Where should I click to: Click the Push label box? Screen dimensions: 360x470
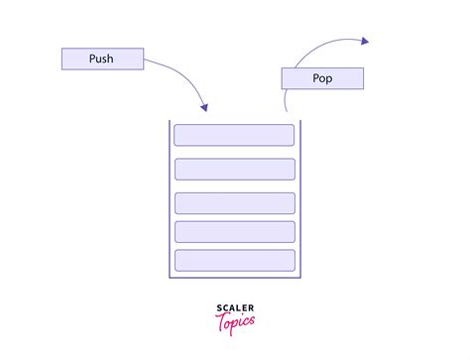pyautogui.click(x=100, y=59)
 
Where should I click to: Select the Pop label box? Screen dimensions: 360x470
pyautogui.click(x=322, y=78)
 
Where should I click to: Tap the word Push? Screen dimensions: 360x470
pyautogui.click(x=100, y=59)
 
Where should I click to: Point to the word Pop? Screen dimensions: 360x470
pyautogui.click(x=322, y=78)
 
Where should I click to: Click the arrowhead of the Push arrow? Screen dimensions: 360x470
pyautogui.click(x=204, y=106)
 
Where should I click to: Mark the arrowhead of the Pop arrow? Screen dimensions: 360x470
pyautogui.click(x=364, y=41)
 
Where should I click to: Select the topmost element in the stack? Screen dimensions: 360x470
pyautogui.click(x=234, y=135)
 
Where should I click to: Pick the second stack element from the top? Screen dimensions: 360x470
pyautogui.click(x=234, y=169)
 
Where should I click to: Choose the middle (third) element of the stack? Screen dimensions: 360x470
pyautogui.click(x=234, y=202)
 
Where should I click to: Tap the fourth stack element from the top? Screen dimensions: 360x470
pyautogui.click(x=234, y=231)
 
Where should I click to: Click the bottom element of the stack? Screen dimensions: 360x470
pyautogui.click(x=234, y=260)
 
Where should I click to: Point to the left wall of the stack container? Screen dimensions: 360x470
pyautogui.click(x=170, y=198)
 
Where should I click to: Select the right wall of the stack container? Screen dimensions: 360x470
pyautogui.click(x=300, y=198)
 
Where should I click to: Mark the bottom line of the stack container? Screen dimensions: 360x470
pyautogui.click(x=235, y=278)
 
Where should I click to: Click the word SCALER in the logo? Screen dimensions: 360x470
pyautogui.click(x=235, y=307)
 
